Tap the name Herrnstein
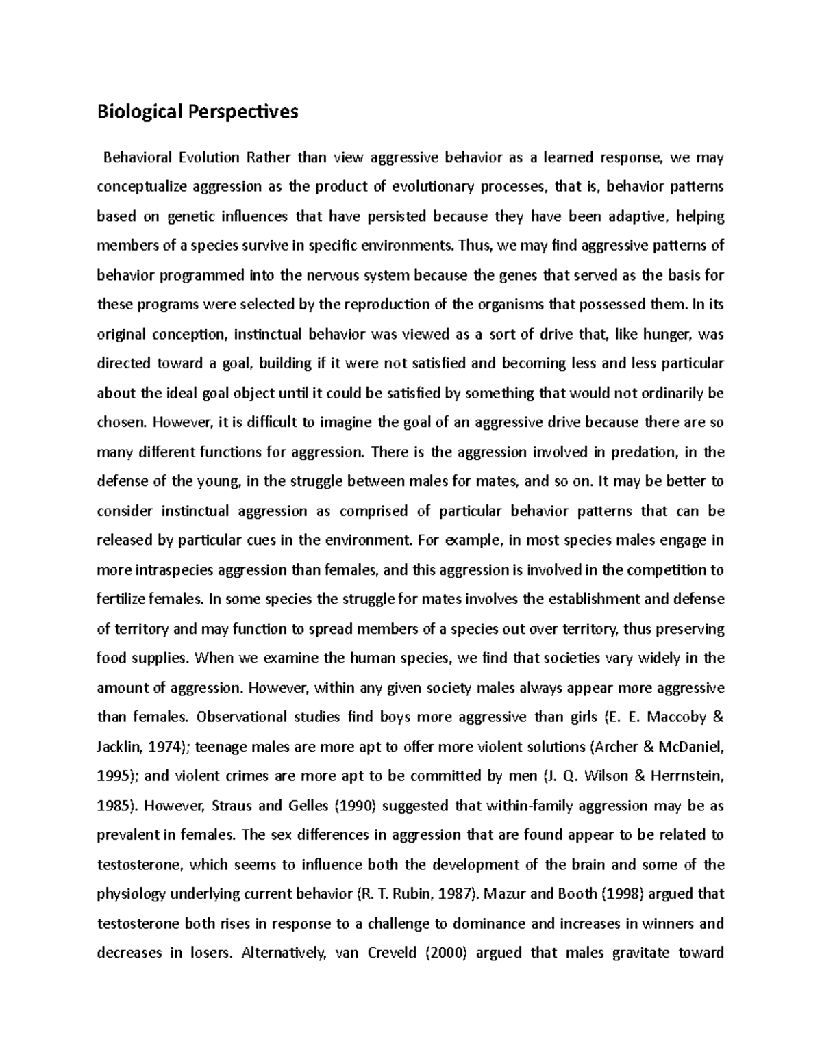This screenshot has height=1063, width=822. tap(684, 776)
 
